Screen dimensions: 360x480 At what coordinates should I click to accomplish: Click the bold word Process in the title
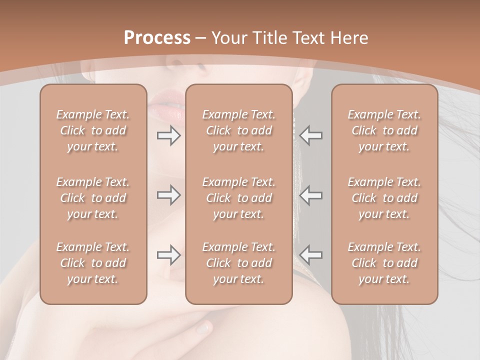(x=157, y=38)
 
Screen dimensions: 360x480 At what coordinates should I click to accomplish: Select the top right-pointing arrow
(x=168, y=135)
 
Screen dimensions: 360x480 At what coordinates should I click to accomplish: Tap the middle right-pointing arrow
(x=168, y=195)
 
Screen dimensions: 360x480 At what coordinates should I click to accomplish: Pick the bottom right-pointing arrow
(x=168, y=255)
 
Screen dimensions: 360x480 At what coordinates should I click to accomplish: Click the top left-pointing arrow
(x=311, y=135)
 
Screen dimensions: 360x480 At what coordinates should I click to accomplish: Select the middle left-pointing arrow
(x=311, y=195)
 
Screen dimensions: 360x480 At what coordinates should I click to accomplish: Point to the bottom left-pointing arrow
(x=311, y=255)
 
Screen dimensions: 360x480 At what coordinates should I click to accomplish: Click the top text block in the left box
(x=93, y=130)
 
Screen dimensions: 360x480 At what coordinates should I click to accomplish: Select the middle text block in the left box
(x=93, y=198)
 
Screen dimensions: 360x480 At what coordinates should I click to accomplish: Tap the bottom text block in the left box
(x=93, y=263)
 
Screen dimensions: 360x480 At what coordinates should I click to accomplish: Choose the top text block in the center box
(x=238, y=130)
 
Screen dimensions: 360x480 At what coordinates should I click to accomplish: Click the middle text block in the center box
(x=238, y=198)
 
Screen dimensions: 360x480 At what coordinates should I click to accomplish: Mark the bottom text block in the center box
(x=238, y=263)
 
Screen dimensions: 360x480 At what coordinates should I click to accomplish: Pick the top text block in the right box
(x=384, y=130)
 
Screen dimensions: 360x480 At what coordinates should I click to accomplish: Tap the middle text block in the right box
(x=384, y=198)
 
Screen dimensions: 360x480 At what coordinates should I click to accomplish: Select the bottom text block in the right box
(x=384, y=263)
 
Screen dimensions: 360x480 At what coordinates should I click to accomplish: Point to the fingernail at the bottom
(x=203, y=328)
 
